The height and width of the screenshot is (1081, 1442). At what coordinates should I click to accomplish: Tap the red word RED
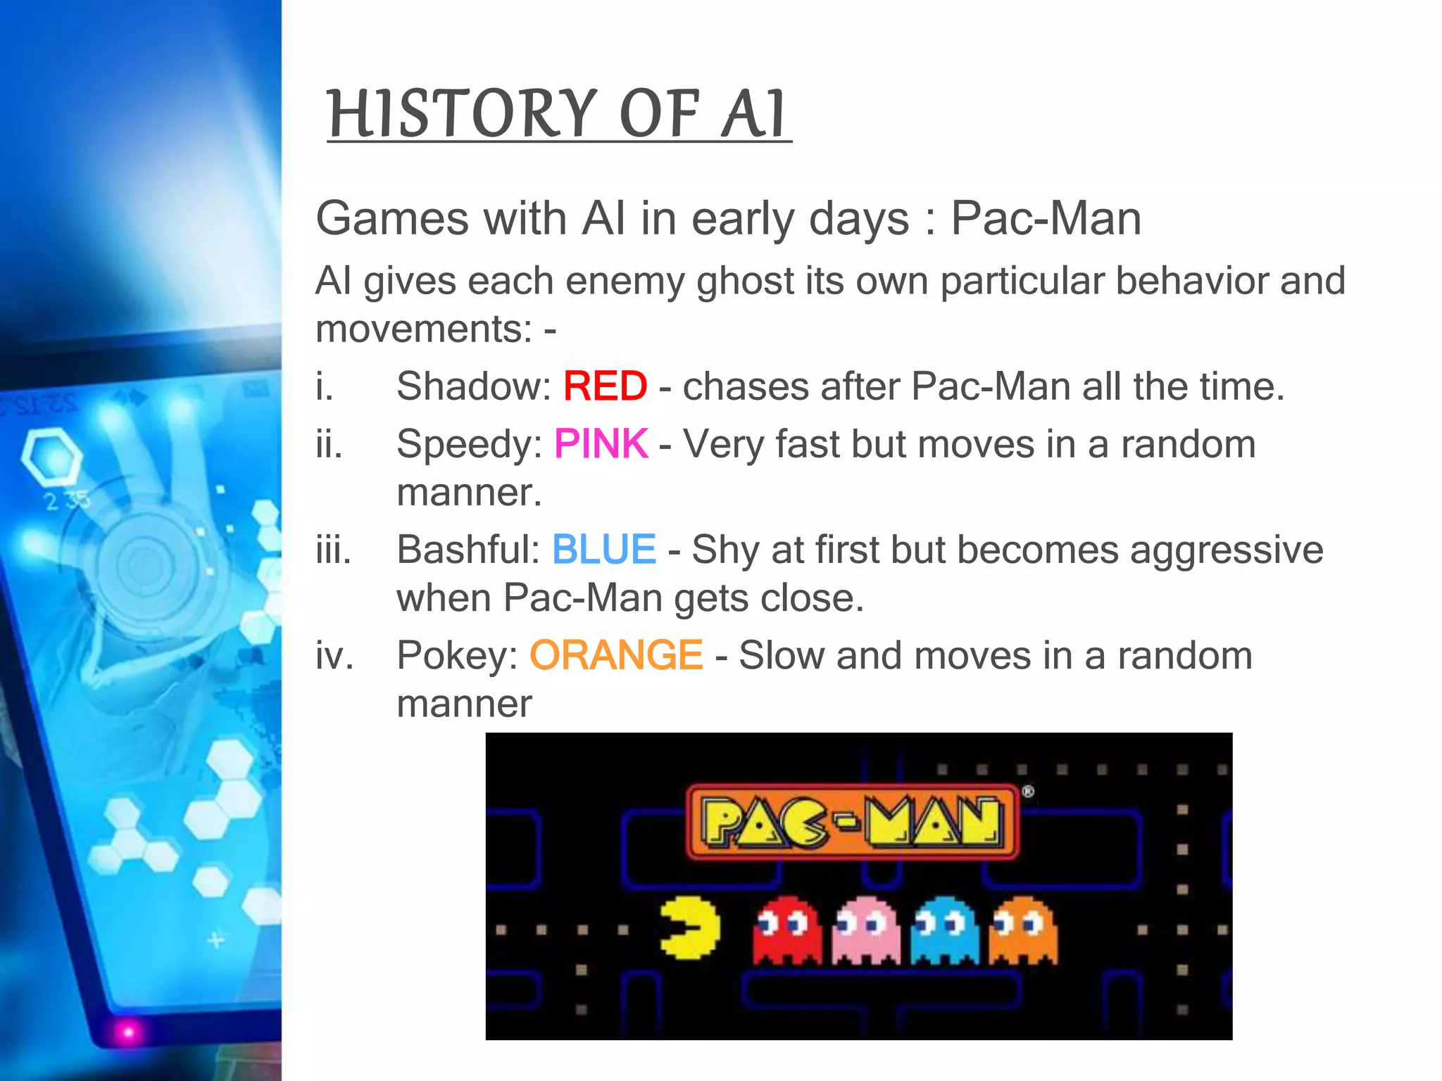(x=605, y=386)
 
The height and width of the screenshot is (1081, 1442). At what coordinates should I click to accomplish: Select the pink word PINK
(x=601, y=444)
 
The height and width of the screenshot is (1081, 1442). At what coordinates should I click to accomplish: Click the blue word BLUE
(x=604, y=550)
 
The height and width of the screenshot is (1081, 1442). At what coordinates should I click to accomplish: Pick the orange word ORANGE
(x=616, y=655)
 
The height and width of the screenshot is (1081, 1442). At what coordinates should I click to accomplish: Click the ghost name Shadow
(x=473, y=386)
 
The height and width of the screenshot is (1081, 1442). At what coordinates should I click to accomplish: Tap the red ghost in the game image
(x=786, y=929)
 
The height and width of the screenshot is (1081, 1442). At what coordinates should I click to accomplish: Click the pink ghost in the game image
(x=865, y=929)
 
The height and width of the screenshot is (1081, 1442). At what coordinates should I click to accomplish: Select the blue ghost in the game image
(x=944, y=929)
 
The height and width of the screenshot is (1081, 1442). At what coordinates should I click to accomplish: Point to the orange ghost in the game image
(x=1022, y=929)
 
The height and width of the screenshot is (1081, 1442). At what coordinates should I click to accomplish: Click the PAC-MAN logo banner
(x=852, y=821)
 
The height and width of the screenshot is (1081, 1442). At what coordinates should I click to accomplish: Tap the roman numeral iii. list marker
(x=333, y=550)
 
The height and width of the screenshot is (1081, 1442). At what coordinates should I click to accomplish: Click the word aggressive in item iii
(x=1226, y=550)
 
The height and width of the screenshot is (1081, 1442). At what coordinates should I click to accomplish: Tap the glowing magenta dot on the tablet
(x=128, y=1032)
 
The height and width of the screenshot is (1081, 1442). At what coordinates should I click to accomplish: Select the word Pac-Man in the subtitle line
(x=1046, y=218)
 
